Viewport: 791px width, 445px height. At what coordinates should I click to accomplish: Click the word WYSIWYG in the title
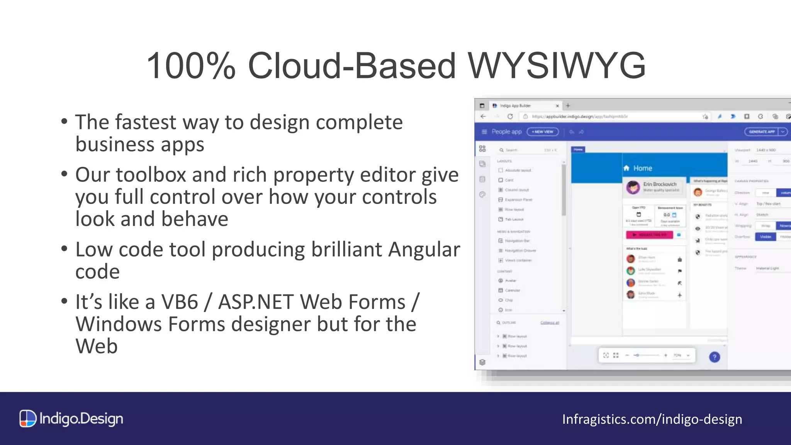point(557,66)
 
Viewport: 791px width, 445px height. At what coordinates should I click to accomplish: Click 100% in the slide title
point(191,66)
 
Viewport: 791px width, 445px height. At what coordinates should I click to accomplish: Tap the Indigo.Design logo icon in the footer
point(28,419)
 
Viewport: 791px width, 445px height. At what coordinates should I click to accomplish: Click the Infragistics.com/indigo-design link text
point(652,419)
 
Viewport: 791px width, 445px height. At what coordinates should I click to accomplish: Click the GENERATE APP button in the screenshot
point(762,132)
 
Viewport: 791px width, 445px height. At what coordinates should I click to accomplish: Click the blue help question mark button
point(715,357)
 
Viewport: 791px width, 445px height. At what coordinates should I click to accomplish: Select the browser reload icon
point(510,116)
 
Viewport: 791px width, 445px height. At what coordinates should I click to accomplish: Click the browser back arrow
point(483,116)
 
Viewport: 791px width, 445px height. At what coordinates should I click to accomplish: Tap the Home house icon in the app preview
point(626,168)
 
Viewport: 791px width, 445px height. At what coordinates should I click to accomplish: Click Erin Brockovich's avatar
point(633,187)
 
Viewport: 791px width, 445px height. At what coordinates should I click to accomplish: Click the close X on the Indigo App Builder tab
point(557,106)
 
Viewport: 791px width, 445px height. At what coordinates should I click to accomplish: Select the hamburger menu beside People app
point(484,132)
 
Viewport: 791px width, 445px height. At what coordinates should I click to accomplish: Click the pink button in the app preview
point(649,234)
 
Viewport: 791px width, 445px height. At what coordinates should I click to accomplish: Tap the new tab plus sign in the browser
point(568,105)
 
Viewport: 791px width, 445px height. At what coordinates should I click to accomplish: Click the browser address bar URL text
point(579,116)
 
